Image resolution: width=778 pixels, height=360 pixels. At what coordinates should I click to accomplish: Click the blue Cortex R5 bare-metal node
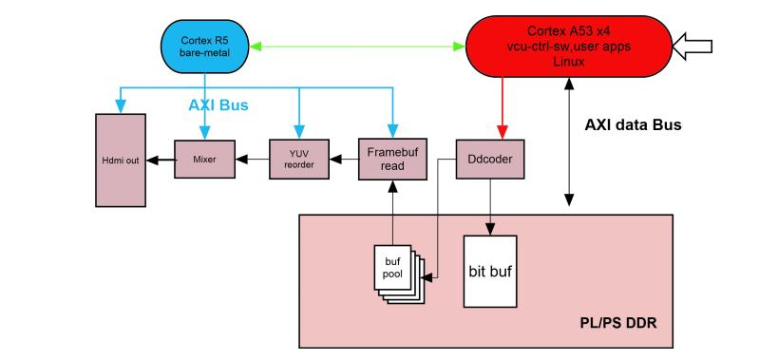click(205, 47)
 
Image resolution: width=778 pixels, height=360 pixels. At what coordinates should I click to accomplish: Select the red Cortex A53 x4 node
click(568, 47)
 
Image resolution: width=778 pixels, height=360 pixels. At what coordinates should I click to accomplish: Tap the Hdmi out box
click(121, 161)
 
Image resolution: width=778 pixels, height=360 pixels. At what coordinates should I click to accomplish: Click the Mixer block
click(205, 160)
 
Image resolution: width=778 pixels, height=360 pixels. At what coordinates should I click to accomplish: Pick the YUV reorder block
click(299, 160)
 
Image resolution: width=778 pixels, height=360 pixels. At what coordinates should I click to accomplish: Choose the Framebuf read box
click(393, 160)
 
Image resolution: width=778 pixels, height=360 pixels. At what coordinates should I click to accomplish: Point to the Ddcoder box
click(490, 160)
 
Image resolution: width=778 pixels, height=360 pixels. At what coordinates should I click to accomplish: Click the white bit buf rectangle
click(490, 272)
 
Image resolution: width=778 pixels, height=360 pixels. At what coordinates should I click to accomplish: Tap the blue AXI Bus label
click(218, 105)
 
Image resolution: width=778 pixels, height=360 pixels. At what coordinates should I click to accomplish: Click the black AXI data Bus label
click(633, 125)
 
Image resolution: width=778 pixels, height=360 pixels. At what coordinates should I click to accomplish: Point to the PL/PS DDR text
click(618, 324)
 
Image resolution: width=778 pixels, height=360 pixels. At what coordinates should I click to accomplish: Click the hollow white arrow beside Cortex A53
click(692, 47)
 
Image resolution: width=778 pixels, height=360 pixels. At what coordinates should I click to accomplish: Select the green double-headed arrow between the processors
click(356, 47)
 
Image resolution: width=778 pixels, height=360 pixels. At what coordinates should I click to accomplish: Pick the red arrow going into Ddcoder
click(503, 108)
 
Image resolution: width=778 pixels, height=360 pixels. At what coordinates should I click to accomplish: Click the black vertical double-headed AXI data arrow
click(569, 142)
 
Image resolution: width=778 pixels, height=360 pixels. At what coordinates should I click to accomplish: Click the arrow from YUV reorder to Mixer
click(253, 160)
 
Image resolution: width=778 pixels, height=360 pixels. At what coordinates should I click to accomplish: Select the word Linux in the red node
click(568, 62)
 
